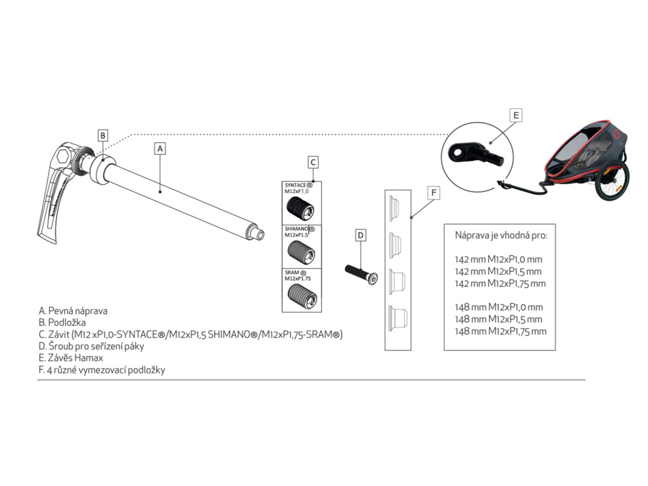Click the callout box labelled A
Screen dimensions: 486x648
coord(160,148)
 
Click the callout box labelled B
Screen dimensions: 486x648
coord(103,135)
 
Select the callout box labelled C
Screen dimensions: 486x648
coord(313,162)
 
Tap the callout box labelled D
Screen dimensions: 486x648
coord(361,235)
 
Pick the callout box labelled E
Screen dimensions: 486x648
coord(516,115)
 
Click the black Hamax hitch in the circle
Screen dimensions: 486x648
coord(475,154)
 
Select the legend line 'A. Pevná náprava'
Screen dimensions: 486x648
coord(73,311)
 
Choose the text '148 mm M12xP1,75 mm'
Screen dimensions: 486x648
coord(501,331)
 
